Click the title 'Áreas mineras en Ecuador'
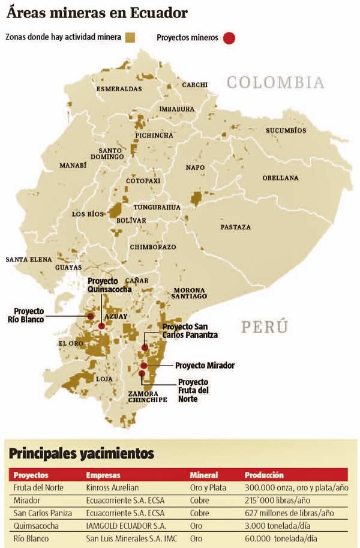(97, 13)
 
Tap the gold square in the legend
(130, 37)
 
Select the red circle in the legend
(229, 38)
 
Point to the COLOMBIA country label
(275, 83)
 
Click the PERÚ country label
(265, 327)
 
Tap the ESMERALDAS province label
(119, 89)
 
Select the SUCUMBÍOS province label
(286, 130)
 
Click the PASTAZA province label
(236, 227)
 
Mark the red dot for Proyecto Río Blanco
(91, 316)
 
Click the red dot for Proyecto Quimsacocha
(101, 326)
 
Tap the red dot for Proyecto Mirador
(144, 366)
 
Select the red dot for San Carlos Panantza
(145, 348)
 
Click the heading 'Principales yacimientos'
(80, 453)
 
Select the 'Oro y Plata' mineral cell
(208, 488)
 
